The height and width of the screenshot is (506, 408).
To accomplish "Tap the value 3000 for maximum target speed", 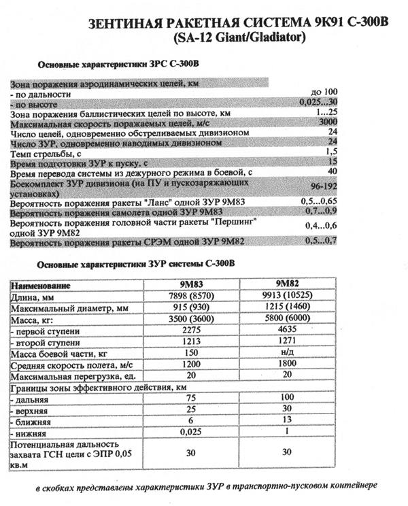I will (x=328, y=122).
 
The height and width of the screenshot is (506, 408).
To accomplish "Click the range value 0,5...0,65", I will (x=320, y=202).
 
